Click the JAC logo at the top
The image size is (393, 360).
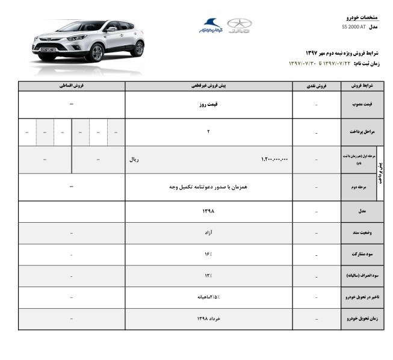tap(239, 25)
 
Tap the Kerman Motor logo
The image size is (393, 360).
tap(211, 26)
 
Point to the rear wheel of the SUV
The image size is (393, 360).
tap(137, 48)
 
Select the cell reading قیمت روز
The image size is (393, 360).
tap(208, 104)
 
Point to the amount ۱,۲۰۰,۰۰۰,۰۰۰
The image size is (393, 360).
tap(275, 160)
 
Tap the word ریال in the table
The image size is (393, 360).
tap(135, 160)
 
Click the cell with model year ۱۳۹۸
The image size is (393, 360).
tap(208, 211)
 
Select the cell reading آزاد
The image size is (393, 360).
tap(208, 232)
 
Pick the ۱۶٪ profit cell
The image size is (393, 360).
tap(208, 254)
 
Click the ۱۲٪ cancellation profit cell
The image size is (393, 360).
tap(208, 276)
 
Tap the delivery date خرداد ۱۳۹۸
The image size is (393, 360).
tap(208, 318)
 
